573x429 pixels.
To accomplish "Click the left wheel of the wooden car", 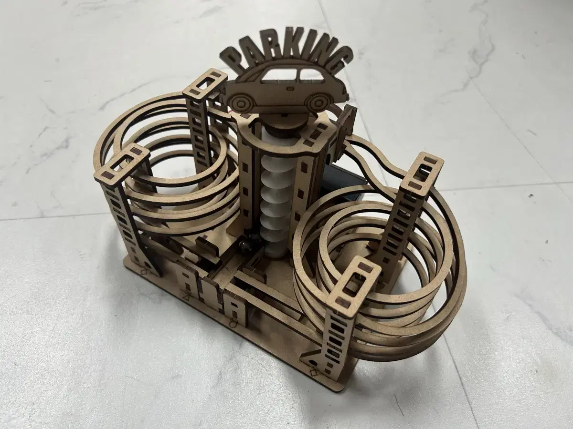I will [x=244, y=102].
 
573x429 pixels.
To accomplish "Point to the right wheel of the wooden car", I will [x=317, y=102].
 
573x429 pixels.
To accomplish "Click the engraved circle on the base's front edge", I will [x=233, y=324].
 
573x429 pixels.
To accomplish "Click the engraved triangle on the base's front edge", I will [x=187, y=297].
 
